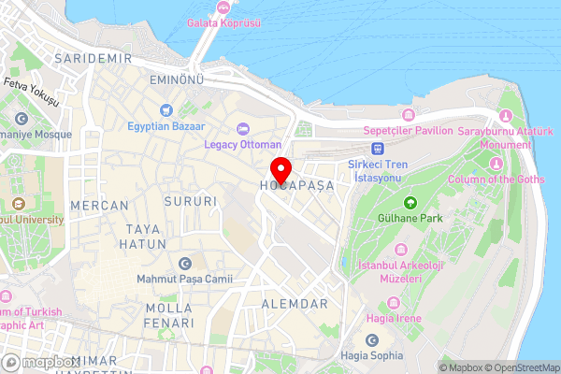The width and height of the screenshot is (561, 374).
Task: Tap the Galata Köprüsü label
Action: click(x=223, y=22)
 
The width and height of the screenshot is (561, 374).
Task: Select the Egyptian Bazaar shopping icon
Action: click(x=166, y=109)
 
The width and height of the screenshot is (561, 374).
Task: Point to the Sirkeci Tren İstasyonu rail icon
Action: click(x=378, y=147)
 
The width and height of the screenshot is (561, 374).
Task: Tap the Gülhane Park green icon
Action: click(x=410, y=203)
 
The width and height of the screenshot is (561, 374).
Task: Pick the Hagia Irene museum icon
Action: click(x=394, y=302)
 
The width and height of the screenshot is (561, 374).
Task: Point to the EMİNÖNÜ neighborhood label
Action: click(x=177, y=81)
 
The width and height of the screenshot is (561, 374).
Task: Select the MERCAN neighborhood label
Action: click(x=99, y=204)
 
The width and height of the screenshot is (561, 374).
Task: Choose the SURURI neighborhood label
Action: click(x=190, y=201)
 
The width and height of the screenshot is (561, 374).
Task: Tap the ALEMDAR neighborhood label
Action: click(x=295, y=304)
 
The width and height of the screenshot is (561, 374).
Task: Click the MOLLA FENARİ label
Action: click(x=169, y=314)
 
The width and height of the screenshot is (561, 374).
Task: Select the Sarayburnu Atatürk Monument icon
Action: click(x=507, y=116)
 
